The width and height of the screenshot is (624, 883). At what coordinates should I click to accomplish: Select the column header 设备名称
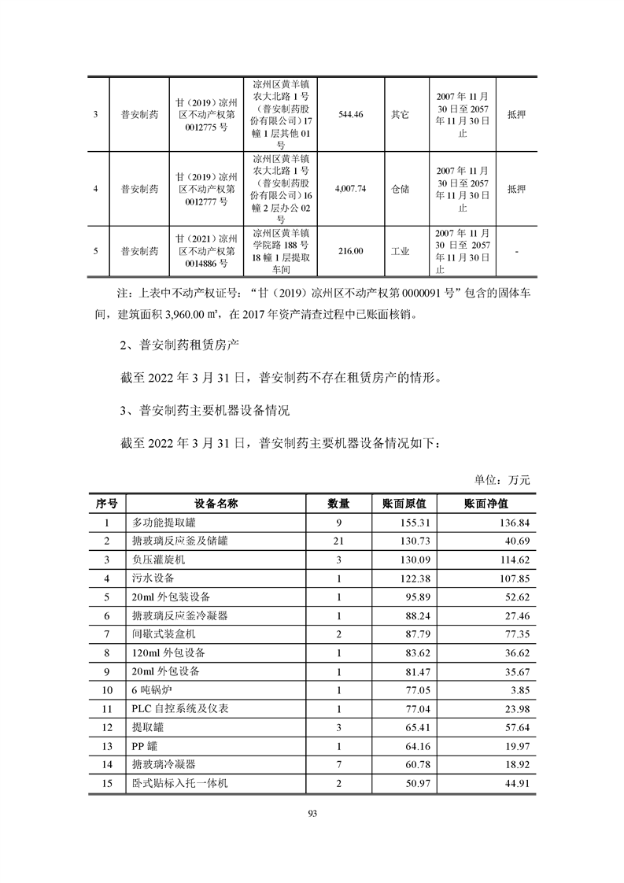(x=216, y=503)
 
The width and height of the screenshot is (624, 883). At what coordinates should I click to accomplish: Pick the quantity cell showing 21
(x=339, y=541)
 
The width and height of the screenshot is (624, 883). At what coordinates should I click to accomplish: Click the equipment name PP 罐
(x=146, y=746)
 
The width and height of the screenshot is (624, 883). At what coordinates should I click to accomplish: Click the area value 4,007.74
(x=351, y=189)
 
